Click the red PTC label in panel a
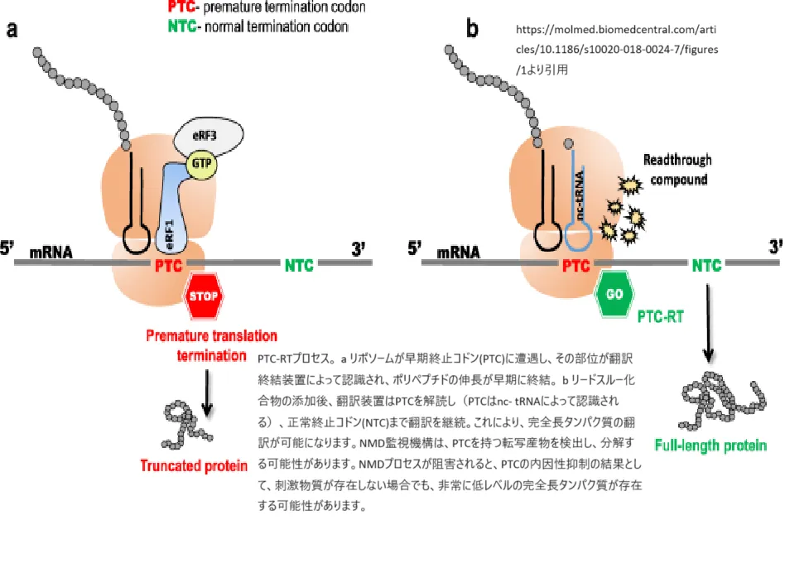[x=168, y=266]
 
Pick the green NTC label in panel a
[x=300, y=266]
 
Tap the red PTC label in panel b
[x=576, y=266]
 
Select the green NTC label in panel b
[x=707, y=266]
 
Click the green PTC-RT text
[x=660, y=316]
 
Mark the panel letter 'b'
[x=472, y=31]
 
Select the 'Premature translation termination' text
[x=211, y=345]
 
